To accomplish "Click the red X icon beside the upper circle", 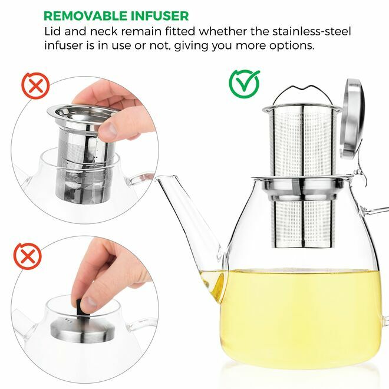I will [x=35, y=85].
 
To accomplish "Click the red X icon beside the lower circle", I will [x=27, y=257].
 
